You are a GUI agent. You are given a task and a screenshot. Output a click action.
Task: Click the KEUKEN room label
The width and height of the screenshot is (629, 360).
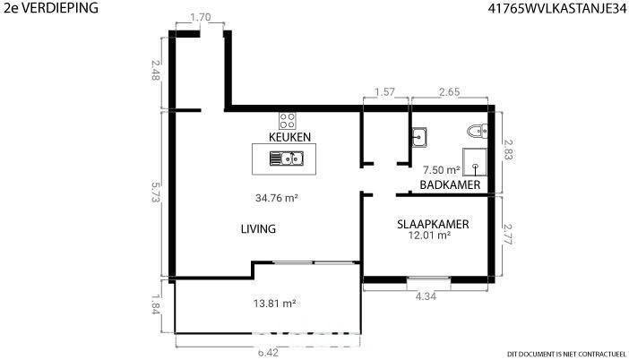(289, 137)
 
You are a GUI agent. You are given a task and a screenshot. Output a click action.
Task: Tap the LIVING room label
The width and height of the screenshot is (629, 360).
(258, 229)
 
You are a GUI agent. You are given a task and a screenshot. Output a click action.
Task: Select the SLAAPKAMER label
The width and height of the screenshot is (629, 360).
(433, 224)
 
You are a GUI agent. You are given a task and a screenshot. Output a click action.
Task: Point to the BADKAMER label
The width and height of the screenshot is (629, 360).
(450, 184)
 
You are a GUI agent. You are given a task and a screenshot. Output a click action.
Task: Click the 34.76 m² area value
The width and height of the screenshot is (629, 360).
(276, 198)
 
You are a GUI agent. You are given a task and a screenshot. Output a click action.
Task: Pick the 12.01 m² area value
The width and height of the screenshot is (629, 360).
(429, 236)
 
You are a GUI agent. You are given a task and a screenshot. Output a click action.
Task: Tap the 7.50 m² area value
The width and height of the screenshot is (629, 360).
(441, 170)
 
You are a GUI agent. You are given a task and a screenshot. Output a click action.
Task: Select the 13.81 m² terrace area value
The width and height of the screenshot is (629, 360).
(274, 304)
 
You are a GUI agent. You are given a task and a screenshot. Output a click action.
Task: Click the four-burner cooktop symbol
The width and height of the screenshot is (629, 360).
(288, 121)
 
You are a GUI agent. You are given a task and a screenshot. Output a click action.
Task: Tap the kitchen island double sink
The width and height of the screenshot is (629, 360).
(287, 159)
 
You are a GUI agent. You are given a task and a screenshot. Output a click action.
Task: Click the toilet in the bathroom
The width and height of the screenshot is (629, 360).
(478, 131)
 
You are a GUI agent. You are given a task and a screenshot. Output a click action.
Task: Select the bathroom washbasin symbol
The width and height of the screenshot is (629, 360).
(419, 137)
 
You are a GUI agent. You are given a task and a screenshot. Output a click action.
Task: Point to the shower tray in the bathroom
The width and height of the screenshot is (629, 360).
(475, 162)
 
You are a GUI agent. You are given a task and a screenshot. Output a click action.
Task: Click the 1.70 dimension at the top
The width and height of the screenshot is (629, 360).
(200, 17)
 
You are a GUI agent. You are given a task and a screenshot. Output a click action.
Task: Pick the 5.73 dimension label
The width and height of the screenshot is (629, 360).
(156, 192)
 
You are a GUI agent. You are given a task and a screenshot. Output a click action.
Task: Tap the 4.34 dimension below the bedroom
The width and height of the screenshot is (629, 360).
(426, 296)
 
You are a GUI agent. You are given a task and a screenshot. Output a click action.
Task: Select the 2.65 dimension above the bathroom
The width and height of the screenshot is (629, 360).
(449, 92)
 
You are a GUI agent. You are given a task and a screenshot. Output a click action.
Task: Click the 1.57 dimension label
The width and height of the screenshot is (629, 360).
(384, 92)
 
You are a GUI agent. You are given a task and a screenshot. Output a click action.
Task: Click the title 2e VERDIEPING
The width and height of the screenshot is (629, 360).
(51, 8)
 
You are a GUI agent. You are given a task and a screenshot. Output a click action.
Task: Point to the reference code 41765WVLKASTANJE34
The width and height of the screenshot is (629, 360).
(556, 8)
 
